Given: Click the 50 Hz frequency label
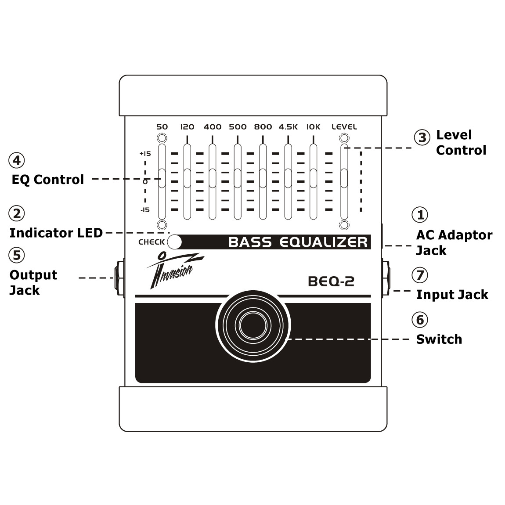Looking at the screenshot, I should coord(162,127).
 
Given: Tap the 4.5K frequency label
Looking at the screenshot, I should coord(288,127).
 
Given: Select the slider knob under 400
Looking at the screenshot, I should coord(213,178).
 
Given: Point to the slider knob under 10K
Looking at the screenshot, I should coord(313,178).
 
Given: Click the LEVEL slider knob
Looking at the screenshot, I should coord(344,178).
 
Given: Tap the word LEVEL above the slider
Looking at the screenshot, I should coord(344,127).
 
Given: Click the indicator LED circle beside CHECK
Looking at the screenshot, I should coord(174,242).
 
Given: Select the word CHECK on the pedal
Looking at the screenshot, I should coord(151,242).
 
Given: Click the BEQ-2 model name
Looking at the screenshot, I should coord(331,281).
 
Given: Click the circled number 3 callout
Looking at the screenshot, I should coord(422,137).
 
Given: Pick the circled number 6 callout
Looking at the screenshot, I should coord(420,320).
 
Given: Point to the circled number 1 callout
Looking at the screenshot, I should coord(420,215).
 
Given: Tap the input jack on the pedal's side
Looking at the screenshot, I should coord(386,278).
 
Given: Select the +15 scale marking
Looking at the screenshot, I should coord(145,154).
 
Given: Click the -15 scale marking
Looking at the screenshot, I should coord(145,210).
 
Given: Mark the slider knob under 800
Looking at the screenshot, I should coord(263,178).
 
